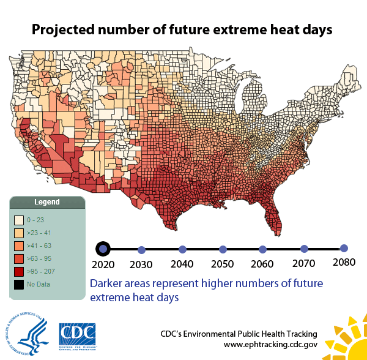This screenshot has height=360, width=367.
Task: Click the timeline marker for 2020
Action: [x=103, y=249]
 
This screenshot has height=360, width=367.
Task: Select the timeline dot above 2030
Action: [x=142, y=250]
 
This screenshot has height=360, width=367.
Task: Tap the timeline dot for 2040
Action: [x=182, y=249]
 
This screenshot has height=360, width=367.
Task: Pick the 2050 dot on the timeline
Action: [x=223, y=249]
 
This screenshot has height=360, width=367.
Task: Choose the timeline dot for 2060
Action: [x=263, y=249]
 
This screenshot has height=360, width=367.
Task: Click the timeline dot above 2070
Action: [x=304, y=249]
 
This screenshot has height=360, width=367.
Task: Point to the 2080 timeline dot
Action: [x=344, y=248]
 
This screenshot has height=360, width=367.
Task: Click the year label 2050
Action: [x=223, y=264]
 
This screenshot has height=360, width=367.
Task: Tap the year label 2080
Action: [x=344, y=261]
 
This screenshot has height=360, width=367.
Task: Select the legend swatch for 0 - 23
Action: [x=19, y=219]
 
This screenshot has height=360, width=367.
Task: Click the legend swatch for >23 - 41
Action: [x=19, y=233]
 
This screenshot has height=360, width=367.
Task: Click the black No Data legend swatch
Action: [x=19, y=284]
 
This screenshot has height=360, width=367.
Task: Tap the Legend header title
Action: [x=46, y=202]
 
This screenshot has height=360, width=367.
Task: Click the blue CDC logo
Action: [x=77, y=334]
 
